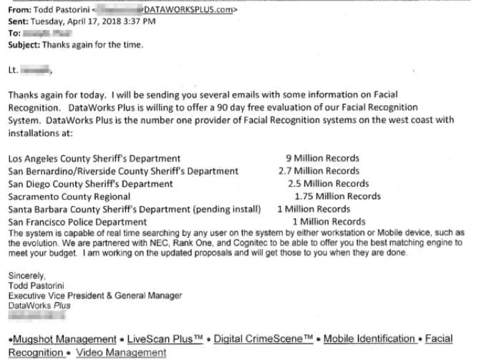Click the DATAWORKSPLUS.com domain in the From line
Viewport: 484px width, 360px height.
click(x=188, y=11)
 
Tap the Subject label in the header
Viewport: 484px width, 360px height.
click(x=24, y=44)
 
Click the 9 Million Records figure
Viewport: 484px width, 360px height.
click(x=322, y=158)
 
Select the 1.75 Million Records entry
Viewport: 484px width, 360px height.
click(x=337, y=196)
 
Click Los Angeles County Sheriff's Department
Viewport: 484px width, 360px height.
click(x=95, y=158)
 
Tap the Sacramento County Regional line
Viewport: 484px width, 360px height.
click(x=69, y=196)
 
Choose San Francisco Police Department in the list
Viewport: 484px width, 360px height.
click(x=77, y=222)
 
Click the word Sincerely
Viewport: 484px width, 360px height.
click(x=27, y=276)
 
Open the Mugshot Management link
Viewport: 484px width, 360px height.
click(x=63, y=339)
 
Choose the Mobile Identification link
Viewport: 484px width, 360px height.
click(x=370, y=339)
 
